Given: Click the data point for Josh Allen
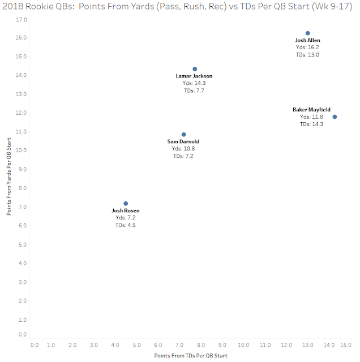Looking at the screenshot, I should coord(307,33).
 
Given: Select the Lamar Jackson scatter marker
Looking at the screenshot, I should coord(195,69).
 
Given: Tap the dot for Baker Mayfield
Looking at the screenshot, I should coord(335,117).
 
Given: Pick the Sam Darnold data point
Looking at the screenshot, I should coord(183,135).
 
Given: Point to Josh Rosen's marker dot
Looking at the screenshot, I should coord(126,204).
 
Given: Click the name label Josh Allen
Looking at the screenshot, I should coord(307,41).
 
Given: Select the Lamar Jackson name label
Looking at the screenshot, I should coord(195,76).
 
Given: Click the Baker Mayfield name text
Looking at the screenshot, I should coord(311,110).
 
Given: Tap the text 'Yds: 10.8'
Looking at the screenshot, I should coord(182,149).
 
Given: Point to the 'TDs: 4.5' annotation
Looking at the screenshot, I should coord(126,225).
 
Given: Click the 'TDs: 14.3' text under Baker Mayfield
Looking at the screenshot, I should coord(311,124).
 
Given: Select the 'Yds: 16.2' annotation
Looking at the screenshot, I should coord(307,48).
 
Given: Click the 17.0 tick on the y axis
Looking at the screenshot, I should coord(23,19).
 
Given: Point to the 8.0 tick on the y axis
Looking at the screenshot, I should coord(23,188).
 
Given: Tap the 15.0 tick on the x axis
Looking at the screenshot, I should coord(348,344).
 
